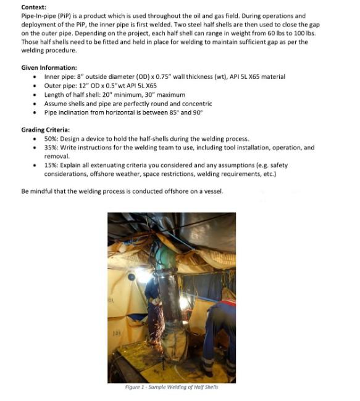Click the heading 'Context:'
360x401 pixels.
click(34, 7)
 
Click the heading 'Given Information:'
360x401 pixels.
click(49, 67)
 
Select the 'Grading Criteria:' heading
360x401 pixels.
click(45, 130)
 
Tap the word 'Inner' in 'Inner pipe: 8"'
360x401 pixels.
click(53, 76)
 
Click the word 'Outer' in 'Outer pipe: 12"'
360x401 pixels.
click(54, 86)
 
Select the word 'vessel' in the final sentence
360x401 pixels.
click(214, 191)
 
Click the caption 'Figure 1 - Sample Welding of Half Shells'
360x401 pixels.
click(171, 387)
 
